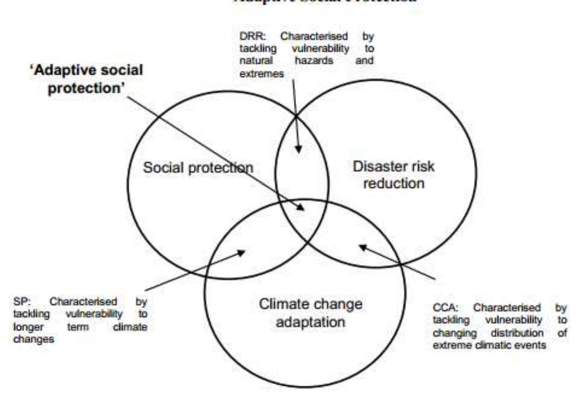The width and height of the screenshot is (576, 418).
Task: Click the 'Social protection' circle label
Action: (x=198, y=168)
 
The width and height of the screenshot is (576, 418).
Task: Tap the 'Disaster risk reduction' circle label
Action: (x=394, y=175)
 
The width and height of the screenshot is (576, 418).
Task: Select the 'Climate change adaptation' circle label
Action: (x=310, y=313)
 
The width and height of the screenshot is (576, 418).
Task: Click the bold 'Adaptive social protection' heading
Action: (x=86, y=79)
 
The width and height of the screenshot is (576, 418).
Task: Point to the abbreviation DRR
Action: (x=252, y=36)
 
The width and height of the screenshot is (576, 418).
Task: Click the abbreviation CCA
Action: (x=445, y=308)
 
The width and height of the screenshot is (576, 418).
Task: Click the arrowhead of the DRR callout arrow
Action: (x=298, y=149)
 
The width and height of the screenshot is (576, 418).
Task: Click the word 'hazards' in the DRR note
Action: (x=314, y=61)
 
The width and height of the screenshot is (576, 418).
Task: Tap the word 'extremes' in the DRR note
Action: (x=262, y=74)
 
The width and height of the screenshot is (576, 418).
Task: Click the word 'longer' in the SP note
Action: (x=28, y=327)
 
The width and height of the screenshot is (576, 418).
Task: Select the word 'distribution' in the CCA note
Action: (x=517, y=333)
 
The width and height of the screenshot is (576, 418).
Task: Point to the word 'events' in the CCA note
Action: (x=533, y=345)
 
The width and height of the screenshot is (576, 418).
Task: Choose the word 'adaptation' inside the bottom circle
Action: (x=310, y=322)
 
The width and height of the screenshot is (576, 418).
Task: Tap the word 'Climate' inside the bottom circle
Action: (x=281, y=304)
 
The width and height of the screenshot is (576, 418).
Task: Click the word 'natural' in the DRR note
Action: (x=256, y=61)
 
